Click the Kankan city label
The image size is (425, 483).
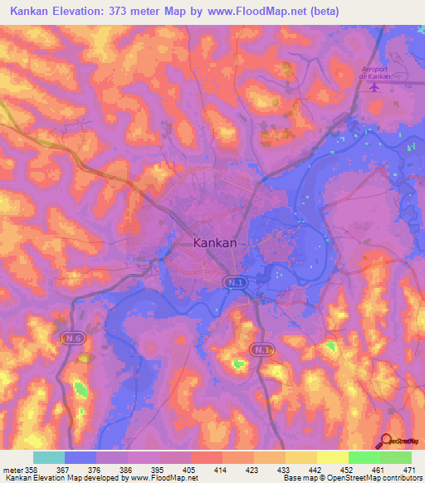[214, 243]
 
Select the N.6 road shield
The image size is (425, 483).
[71, 339]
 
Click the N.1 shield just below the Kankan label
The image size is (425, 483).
[233, 283]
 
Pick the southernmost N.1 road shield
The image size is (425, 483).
[263, 350]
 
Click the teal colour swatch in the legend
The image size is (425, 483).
[49, 457]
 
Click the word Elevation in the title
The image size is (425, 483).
[97, 12]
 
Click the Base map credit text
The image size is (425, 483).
[303, 478]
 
